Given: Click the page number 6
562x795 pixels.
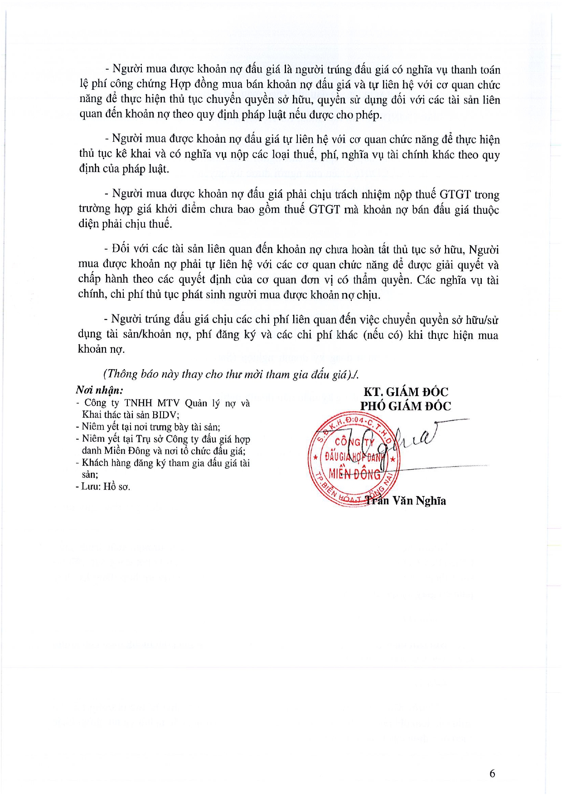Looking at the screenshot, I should coord(492,773).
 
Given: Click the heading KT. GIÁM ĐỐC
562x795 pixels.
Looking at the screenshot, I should coord(406,392).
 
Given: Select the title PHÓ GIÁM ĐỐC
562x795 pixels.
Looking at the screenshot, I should coord(406,406).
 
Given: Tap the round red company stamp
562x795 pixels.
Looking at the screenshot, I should coord(353,459).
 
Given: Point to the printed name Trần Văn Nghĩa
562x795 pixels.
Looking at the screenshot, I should coord(406,501).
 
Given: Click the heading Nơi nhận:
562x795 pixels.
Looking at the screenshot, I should coord(99,390).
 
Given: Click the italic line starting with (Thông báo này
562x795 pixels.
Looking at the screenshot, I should coord(231,374).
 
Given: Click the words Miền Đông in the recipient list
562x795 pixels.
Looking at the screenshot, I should coord(121,451).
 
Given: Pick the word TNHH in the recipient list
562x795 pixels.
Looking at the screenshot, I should coord(139,403).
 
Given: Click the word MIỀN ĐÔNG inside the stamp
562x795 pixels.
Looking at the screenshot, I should coord(354,474).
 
